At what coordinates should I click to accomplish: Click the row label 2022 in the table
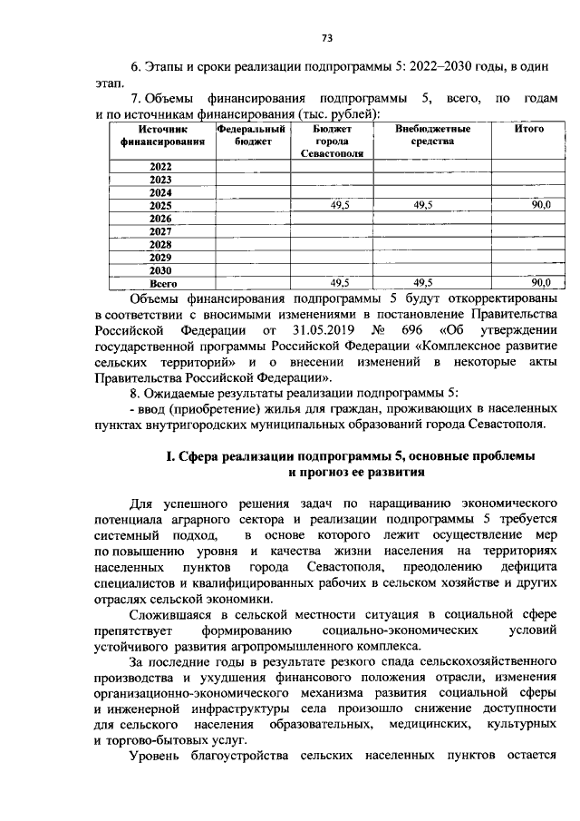point(160,167)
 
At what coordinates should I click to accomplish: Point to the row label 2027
point(160,231)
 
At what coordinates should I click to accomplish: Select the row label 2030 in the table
point(160,270)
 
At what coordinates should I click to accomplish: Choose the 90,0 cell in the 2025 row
point(541,206)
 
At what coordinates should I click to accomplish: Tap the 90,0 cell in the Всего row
point(541,283)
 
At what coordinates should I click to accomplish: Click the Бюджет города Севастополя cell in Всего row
point(340,283)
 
